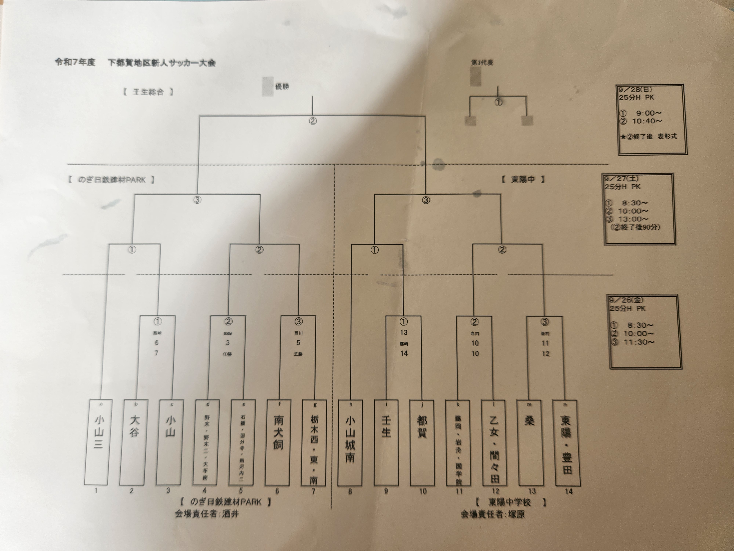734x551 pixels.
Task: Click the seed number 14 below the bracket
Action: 569,491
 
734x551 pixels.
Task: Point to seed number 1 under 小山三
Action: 96,490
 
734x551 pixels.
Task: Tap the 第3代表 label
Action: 482,62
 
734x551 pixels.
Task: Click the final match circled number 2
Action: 313,121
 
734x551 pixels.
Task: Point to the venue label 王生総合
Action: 148,92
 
